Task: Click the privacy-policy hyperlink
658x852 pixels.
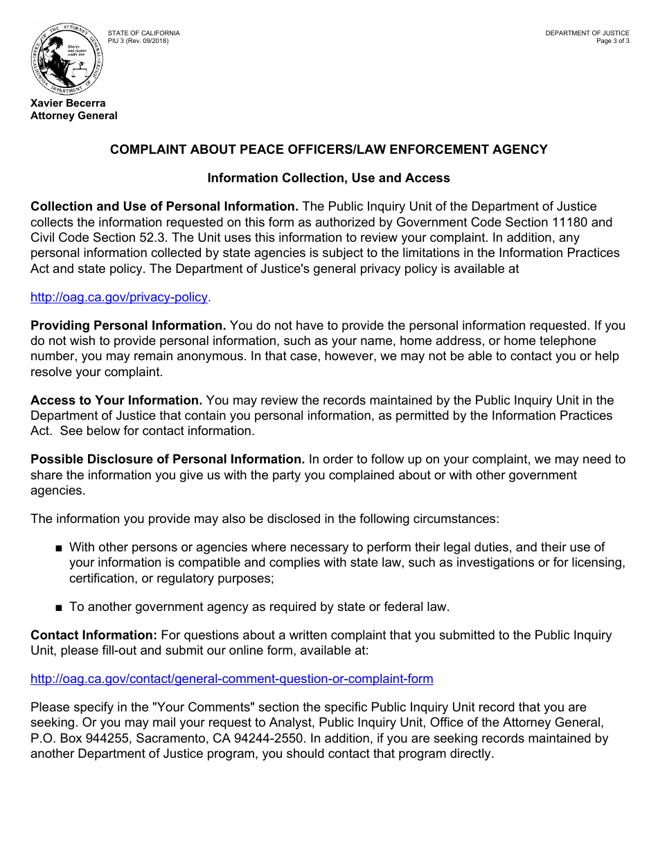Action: coord(119,297)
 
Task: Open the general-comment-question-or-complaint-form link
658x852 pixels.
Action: coord(232,679)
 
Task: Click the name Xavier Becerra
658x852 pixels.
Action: coord(68,103)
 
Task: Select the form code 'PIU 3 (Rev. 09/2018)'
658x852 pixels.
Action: coord(138,41)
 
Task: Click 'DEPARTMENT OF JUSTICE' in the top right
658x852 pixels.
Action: coord(587,33)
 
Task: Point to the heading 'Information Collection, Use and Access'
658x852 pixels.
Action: coord(328,178)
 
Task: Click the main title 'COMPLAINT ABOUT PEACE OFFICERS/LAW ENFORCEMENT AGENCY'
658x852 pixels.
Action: coord(328,150)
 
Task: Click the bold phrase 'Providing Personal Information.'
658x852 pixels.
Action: coord(128,326)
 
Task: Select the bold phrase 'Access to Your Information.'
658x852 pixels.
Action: coord(116,400)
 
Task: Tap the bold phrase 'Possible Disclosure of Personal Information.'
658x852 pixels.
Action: coord(168,459)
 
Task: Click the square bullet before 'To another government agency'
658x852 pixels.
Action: coord(59,607)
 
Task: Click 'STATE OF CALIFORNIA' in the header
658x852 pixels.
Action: coord(143,33)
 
